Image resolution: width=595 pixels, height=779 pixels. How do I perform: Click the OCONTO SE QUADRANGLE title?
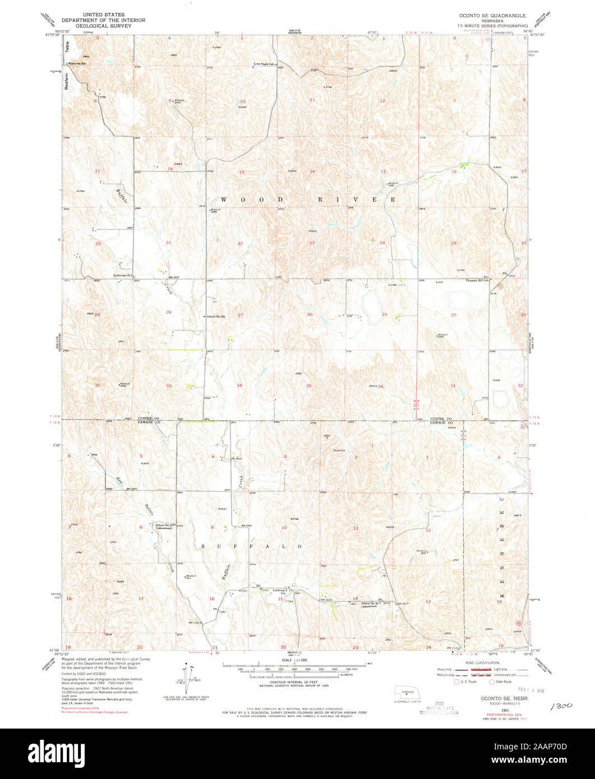(x=493, y=16)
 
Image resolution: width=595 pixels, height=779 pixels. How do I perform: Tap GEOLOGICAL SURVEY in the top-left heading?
(x=104, y=26)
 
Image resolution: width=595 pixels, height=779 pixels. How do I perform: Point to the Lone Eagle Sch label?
(x=265, y=64)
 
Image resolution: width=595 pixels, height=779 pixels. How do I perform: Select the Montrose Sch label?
(x=78, y=63)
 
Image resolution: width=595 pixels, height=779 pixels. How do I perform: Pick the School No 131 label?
(x=215, y=317)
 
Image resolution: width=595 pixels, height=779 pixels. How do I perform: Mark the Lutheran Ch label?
(x=122, y=275)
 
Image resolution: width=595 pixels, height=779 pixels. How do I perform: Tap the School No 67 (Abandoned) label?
(x=164, y=526)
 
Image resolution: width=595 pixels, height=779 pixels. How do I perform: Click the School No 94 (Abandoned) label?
(x=371, y=604)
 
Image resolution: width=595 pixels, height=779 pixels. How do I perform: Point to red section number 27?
(x=240, y=315)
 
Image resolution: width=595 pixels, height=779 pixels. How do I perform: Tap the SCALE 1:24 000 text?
(x=297, y=660)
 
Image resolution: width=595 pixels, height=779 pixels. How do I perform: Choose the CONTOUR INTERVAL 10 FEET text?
(x=297, y=682)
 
